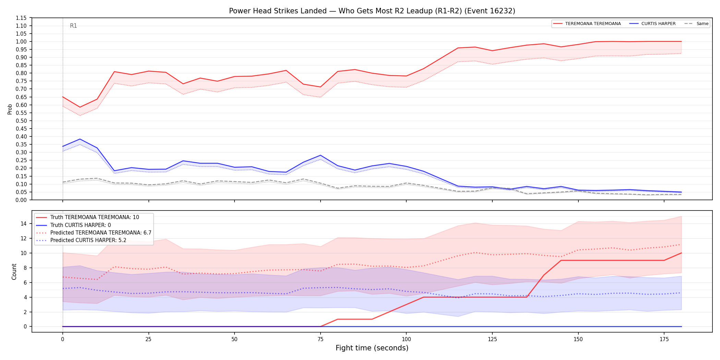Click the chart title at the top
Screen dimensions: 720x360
(x=372, y=11)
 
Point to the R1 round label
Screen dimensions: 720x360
(x=73, y=26)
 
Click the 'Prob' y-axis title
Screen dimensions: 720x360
(x=10, y=109)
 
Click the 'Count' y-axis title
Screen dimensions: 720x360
(x=14, y=272)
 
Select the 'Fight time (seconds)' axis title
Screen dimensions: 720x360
(x=372, y=348)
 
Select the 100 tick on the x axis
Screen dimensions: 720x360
(x=406, y=339)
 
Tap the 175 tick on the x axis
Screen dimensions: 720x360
(x=664, y=339)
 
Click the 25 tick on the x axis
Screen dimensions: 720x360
(x=148, y=339)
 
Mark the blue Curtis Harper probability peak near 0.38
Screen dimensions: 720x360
(x=80, y=139)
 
